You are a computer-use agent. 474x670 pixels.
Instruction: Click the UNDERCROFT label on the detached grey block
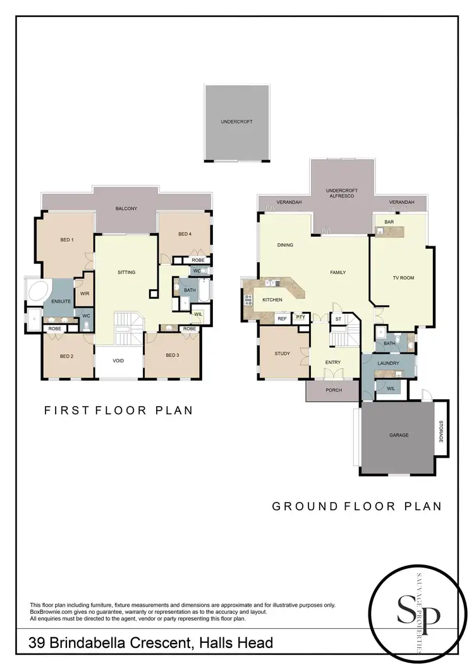pyautogui.click(x=236, y=121)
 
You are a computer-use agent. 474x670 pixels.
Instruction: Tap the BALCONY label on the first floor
pyautogui.click(x=126, y=208)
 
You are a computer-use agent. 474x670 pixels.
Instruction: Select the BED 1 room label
pyautogui.click(x=67, y=239)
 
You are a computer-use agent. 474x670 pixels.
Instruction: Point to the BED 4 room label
pyautogui.click(x=184, y=234)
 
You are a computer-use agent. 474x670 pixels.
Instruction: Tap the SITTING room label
pyautogui.click(x=126, y=272)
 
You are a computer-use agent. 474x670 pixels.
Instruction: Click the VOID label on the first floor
pyautogui.click(x=118, y=361)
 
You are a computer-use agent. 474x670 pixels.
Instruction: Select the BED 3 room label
pyautogui.click(x=173, y=356)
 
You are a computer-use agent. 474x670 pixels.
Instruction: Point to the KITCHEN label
pyautogui.click(x=272, y=300)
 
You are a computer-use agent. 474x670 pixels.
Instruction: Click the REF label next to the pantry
pyautogui.click(x=282, y=319)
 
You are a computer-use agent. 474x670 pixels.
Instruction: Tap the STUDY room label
pyautogui.click(x=282, y=354)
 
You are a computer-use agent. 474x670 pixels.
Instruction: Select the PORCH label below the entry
pyautogui.click(x=333, y=390)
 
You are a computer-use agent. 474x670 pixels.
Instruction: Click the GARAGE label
pyautogui.click(x=399, y=435)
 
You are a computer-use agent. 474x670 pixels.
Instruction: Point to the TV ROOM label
pyautogui.click(x=403, y=277)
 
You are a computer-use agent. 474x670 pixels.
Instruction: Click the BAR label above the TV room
pyautogui.click(x=380, y=222)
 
